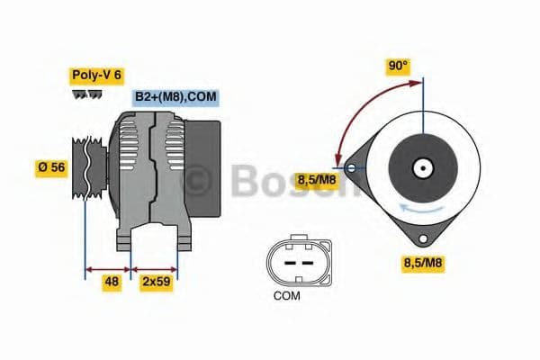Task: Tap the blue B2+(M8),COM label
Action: tap(175, 97)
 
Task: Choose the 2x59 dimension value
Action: tap(156, 282)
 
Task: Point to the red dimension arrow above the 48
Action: tap(108, 267)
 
